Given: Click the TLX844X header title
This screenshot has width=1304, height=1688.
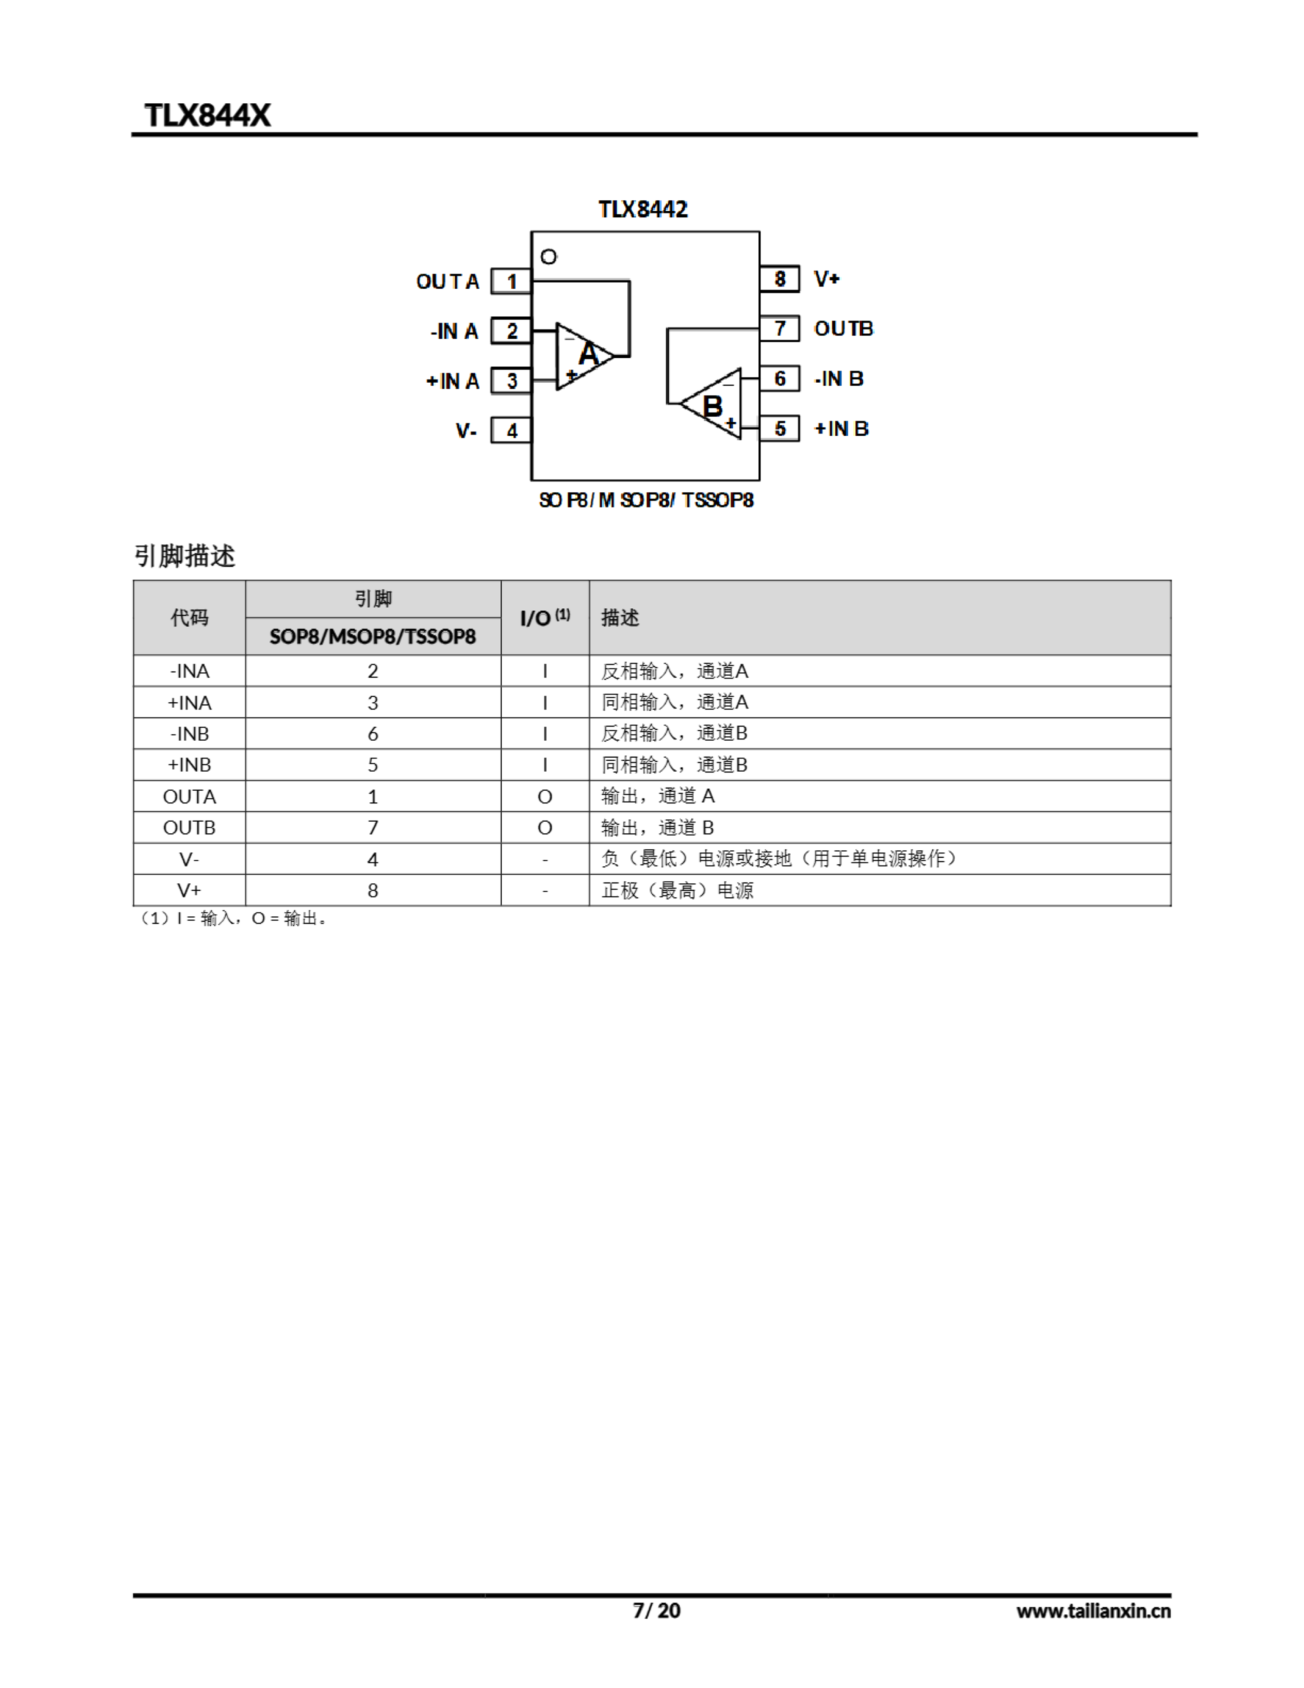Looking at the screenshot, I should coord(207,115).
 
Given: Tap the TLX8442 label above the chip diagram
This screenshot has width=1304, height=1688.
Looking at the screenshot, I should coord(642,210).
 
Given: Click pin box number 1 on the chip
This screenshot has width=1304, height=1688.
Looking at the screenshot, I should coord(511,282).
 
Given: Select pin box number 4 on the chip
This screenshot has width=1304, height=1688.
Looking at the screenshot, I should coord(511,431).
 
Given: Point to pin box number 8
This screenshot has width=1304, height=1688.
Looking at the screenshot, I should coord(779,279).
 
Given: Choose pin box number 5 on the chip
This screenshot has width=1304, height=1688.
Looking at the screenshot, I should coord(779,428).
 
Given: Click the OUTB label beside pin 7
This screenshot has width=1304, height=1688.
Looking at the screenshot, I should coord(843,328).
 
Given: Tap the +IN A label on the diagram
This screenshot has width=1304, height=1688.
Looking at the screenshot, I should coord(453,381).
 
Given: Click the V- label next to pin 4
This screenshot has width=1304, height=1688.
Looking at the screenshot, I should coord(466,431).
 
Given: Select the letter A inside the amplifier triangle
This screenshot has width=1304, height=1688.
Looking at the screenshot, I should coord(588,355).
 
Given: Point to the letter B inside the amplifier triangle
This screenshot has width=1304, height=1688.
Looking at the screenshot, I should coord(711,406).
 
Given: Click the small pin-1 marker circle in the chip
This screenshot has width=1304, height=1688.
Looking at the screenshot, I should coord(548,256).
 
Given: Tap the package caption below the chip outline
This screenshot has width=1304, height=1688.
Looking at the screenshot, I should coord(645,500).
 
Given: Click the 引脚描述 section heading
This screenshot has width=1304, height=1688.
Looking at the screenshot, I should coord(184,556).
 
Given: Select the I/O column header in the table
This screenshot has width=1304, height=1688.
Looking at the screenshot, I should coord(544,618).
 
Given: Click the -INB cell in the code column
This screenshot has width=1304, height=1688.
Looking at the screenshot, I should coord(189,733).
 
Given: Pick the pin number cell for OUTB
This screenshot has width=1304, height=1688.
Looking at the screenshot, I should coord(372,828).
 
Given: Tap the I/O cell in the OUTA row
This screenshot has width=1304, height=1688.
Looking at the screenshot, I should coord(544,796).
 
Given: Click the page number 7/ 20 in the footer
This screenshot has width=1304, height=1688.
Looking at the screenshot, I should coord(656,1610).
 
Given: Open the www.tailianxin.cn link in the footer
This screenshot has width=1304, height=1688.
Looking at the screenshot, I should coord(1093,1611).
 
